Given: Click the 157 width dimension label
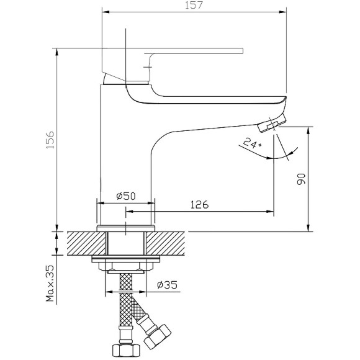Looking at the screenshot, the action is [194, 5].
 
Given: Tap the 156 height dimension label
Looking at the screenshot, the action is [50, 140].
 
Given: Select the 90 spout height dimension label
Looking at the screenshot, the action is [301, 179].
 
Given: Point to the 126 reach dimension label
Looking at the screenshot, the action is [199, 204].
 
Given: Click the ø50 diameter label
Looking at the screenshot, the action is [126, 196].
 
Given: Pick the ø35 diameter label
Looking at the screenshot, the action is [167, 285].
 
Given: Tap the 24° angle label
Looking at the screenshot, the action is [252, 143].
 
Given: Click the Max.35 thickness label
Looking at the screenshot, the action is [50, 283].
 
